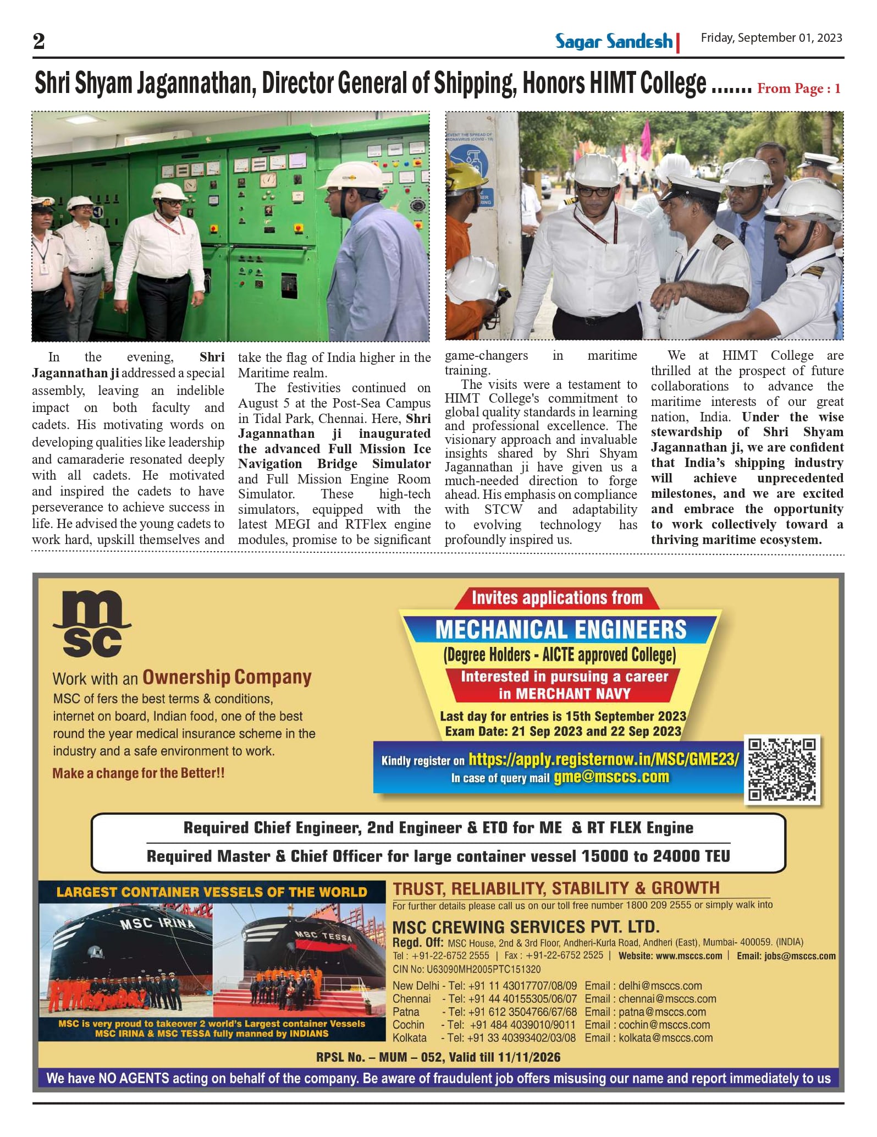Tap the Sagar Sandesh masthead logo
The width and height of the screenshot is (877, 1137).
click(614, 41)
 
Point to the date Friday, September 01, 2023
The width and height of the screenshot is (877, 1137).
click(771, 38)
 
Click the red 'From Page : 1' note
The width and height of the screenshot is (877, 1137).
click(798, 89)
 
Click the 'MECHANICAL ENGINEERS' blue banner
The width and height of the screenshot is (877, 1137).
click(560, 630)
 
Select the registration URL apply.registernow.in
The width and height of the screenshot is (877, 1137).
click(604, 759)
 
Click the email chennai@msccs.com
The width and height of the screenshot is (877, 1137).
click(667, 998)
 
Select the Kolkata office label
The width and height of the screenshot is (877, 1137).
click(410, 1038)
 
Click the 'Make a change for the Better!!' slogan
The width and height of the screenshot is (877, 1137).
click(139, 773)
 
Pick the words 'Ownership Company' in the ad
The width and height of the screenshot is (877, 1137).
click(227, 677)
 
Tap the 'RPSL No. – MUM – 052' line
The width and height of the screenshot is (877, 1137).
click(438, 1057)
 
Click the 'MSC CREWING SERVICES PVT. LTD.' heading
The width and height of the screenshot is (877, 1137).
click(526, 927)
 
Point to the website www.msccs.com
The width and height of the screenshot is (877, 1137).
click(688, 956)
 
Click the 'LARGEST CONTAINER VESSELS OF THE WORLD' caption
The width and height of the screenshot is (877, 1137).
click(212, 892)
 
